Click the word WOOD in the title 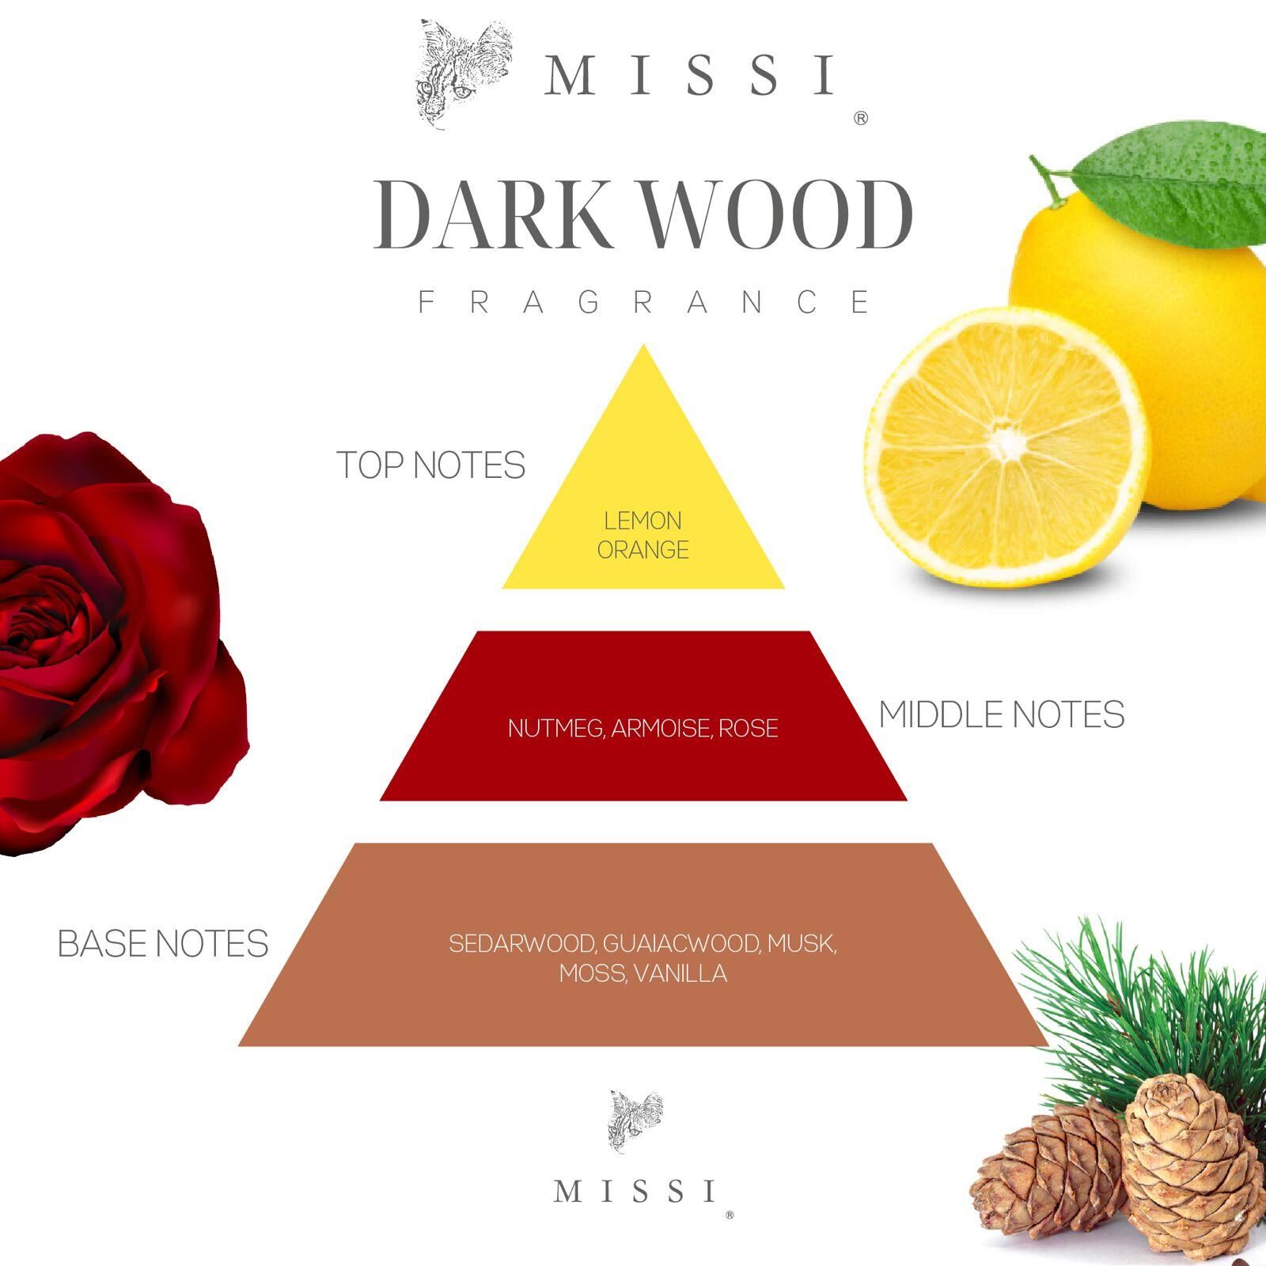coord(779,215)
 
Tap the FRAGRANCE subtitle coord(644,302)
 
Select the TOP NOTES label coord(431,465)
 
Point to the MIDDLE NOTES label coord(1001,714)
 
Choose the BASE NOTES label coord(163,944)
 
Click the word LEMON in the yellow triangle coord(642,521)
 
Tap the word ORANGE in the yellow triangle coord(642,550)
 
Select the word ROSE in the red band coord(749,728)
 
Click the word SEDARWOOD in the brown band coord(521,943)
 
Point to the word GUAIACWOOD coord(682,943)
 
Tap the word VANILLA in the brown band coord(680,973)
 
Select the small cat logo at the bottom coord(635,1120)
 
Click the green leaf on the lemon coord(1179,182)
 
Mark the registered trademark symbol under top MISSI coord(862,119)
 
